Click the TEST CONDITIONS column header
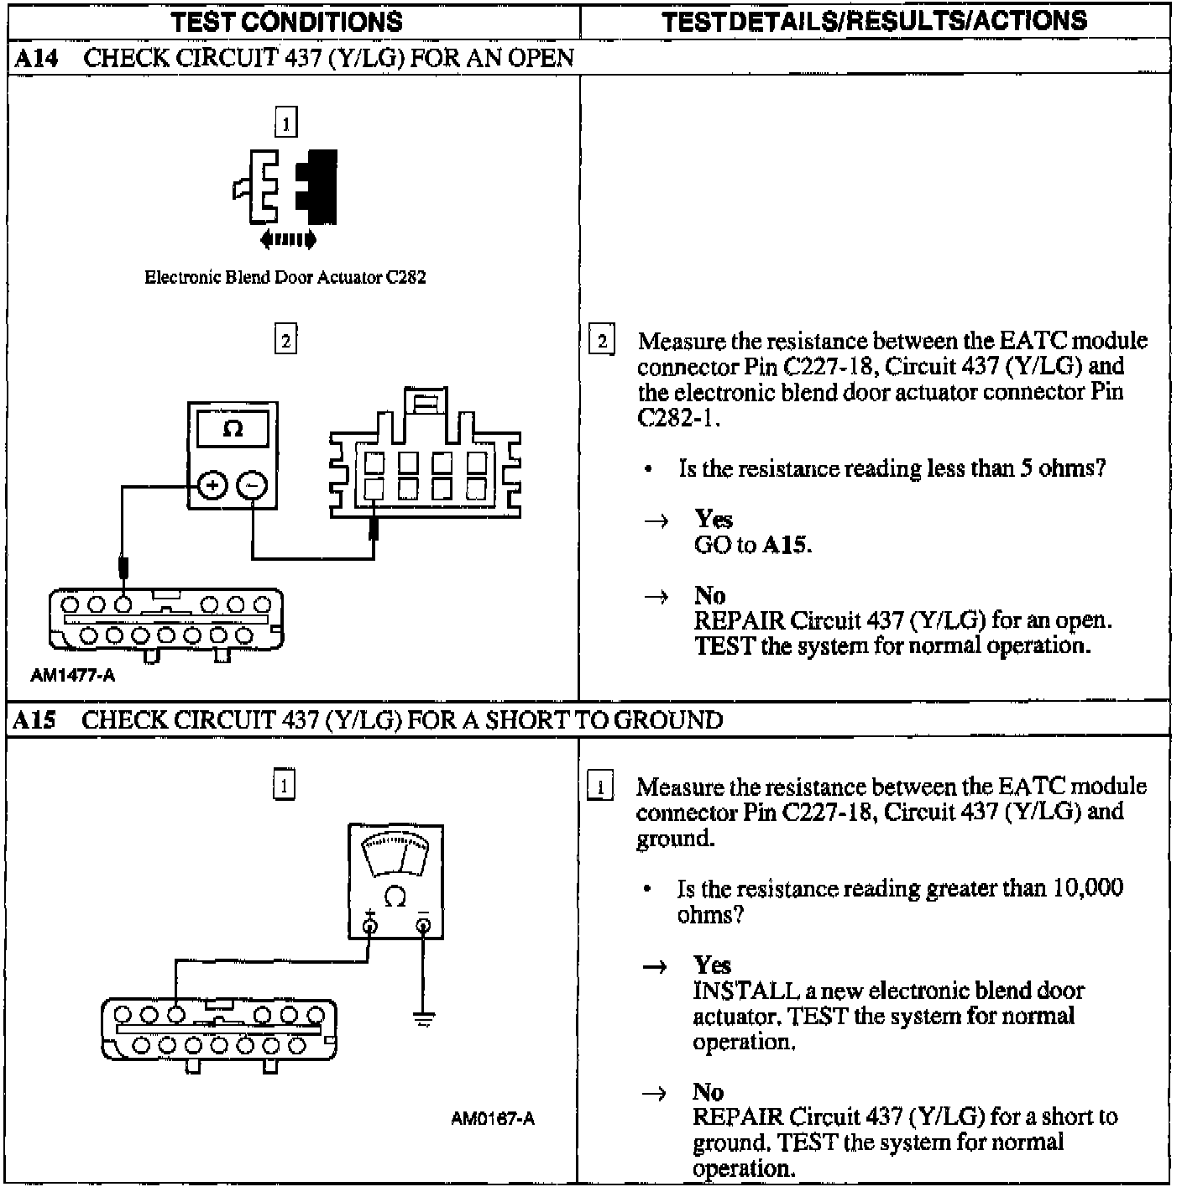point(287,22)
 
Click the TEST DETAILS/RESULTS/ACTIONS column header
point(874,22)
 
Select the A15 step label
point(34,720)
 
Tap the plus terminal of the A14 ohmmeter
point(212,485)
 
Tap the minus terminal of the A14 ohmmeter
point(252,485)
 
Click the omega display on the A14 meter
point(233,429)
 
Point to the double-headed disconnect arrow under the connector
point(288,240)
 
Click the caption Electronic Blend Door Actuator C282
point(285,278)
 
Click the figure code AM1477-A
point(72,676)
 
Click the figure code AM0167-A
point(492,1118)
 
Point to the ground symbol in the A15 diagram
point(424,1020)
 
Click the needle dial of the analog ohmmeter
point(395,855)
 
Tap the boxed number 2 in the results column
point(602,342)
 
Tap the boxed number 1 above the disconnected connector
point(285,123)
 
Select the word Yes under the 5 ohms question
point(714,519)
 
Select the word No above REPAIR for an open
point(709,595)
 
